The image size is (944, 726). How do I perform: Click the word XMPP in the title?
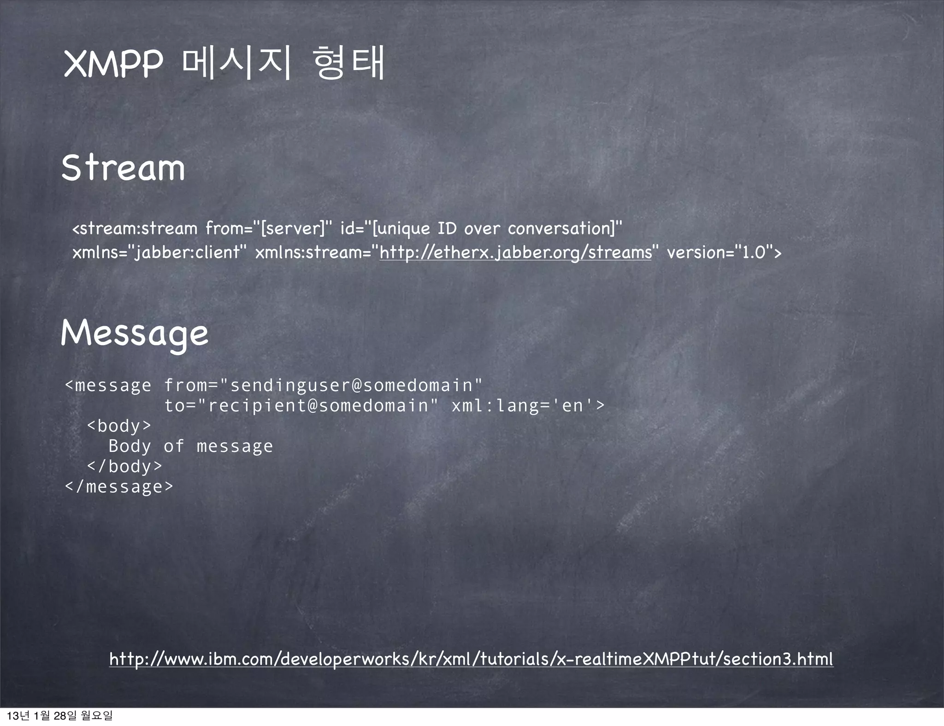point(113,64)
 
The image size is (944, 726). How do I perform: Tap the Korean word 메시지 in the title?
point(237,63)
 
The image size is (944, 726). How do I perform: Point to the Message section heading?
point(135,334)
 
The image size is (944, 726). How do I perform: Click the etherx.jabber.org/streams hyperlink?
point(516,252)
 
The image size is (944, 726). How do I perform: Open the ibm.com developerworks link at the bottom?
point(471,659)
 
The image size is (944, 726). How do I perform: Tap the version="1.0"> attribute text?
point(724,252)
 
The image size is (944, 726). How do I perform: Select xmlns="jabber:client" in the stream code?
point(159,252)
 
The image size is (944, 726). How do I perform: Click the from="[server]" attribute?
point(268,228)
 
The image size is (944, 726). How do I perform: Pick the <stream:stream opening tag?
point(135,228)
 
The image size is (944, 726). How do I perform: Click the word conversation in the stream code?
point(559,228)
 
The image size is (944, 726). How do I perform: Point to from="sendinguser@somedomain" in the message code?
point(323,385)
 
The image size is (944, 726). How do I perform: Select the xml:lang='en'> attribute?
point(528,405)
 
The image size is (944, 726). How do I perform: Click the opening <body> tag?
point(119,426)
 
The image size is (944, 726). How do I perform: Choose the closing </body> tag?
point(124,466)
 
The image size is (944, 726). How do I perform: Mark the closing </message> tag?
point(119,486)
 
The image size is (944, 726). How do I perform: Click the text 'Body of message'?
point(190,446)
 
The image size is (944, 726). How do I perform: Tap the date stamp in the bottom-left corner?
point(59,715)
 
